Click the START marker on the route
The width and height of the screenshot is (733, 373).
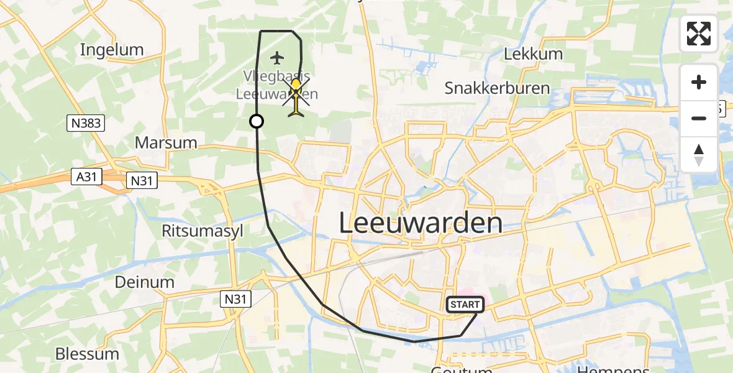[x=465, y=305]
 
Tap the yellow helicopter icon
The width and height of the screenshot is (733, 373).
[x=296, y=97]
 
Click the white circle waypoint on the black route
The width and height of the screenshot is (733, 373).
[x=256, y=121]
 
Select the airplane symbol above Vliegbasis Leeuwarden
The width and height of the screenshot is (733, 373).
[x=277, y=58]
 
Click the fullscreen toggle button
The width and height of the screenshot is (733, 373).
[x=699, y=34]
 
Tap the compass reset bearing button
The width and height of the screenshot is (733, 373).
[x=699, y=155]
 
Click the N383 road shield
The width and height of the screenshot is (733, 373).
[x=86, y=124]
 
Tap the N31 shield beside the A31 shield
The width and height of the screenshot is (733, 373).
[x=141, y=181]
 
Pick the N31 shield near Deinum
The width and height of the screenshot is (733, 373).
[x=236, y=300]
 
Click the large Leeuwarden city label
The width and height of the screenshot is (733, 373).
[x=421, y=223]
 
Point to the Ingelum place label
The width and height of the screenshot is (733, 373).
[x=112, y=50]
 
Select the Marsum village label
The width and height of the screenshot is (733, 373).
[x=166, y=142]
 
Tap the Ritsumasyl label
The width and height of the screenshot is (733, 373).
[x=203, y=231]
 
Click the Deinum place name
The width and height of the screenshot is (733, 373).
[x=145, y=282]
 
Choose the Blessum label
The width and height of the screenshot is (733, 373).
[x=87, y=354]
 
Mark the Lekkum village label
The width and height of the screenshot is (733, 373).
[x=533, y=53]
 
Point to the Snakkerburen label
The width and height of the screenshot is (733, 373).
[x=497, y=88]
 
